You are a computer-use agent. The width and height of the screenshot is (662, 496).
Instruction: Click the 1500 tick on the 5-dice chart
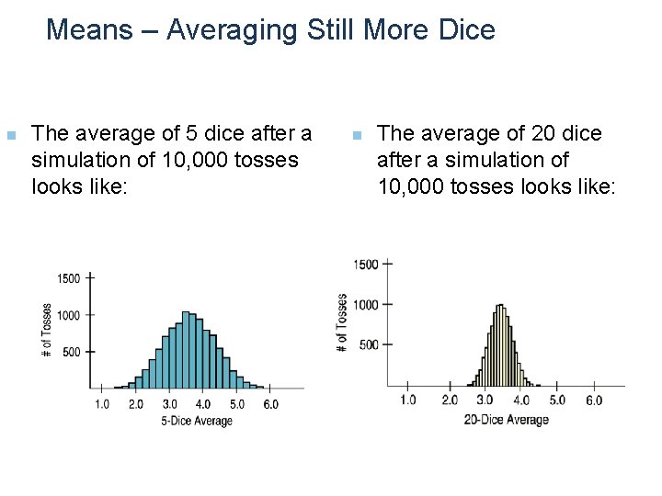69,277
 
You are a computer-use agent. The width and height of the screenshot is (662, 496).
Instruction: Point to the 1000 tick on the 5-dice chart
69,315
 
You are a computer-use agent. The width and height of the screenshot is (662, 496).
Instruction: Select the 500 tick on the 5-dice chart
72,352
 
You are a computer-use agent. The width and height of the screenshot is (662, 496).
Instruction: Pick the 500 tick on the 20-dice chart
368,344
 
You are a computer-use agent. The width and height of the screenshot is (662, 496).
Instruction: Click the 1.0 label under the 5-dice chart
103,404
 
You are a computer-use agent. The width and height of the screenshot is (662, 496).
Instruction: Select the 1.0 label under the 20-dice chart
407,400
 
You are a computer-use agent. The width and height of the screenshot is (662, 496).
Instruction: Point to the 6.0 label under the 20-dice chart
593,400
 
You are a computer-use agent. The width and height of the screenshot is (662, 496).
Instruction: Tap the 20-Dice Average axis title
506,420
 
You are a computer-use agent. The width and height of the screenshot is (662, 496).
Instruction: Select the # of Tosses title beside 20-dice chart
342,322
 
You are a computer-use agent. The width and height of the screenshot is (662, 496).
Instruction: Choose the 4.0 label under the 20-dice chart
521,400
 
